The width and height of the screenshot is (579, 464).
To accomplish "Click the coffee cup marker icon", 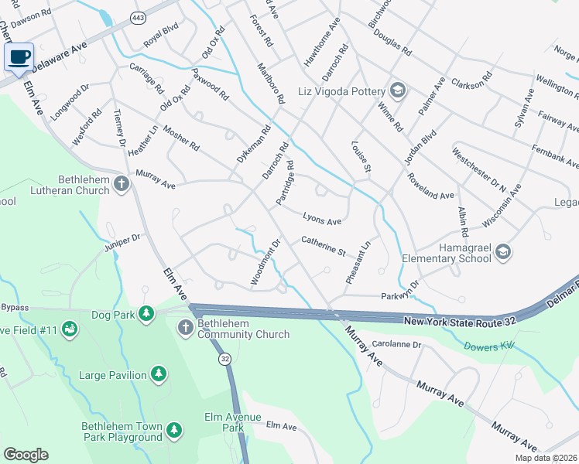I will tap(19, 56).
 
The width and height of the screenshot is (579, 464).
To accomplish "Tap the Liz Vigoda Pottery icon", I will tap(398, 90).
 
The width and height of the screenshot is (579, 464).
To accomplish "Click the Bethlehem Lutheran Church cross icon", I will tap(121, 183).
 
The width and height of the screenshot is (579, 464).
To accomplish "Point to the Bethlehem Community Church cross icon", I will tap(185, 329).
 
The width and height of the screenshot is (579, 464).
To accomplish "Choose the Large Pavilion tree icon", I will tap(159, 375).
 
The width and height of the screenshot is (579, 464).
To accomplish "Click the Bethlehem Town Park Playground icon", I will tap(175, 429).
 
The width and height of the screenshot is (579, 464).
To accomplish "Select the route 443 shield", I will tap(137, 16).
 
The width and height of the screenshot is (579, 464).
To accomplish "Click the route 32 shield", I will tap(224, 359).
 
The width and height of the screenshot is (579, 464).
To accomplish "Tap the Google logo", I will tap(26, 455).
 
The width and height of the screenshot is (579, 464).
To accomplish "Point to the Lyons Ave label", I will tap(322, 221).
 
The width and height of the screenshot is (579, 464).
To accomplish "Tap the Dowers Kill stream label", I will tap(489, 346).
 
